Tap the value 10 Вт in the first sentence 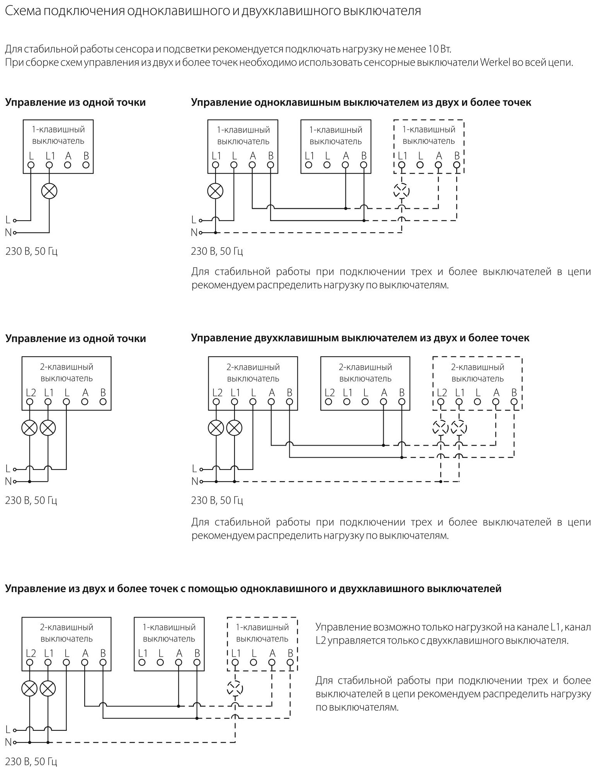pyautogui.click(x=440, y=49)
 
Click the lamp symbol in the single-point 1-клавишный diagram pyautogui.click(x=49, y=191)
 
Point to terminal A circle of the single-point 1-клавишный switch pyautogui.click(x=68, y=165)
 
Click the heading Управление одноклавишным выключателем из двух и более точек pyautogui.click(x=361, y=102)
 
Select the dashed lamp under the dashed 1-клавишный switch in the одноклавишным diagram pyautogui.click(x=401, y=191)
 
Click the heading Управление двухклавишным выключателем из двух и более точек pyautogui.click(x=360, y=338)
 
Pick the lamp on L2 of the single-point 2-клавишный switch pyautogui.click(x=29, y=428)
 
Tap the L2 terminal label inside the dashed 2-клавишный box pyautogui.click(x=442, y=393)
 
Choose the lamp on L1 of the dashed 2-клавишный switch pyautogui.click(x=459, y=428)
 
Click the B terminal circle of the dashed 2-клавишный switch pyautogui.click(x=514, y=402)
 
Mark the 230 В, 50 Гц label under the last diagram pyautogui.click(x=31, y=762)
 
